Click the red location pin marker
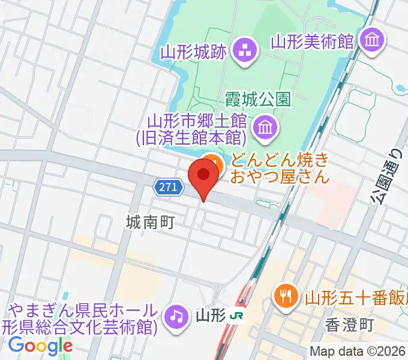203,176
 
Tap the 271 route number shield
169,188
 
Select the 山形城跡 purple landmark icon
244,50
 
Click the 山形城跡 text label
193,52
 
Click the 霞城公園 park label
259,98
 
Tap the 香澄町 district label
350,325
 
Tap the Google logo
40,345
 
